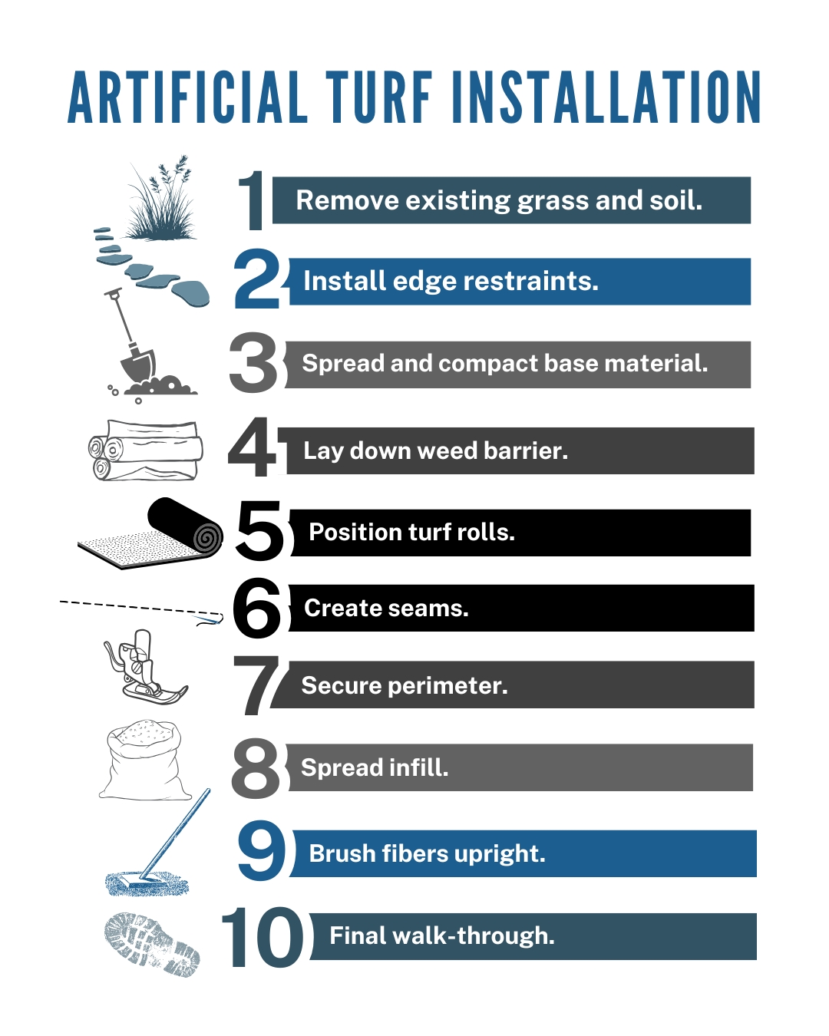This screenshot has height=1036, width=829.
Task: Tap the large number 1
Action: [252, 201]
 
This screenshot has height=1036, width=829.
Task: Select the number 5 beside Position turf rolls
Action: [259, 530]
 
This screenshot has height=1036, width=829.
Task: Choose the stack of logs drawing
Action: [146, 450]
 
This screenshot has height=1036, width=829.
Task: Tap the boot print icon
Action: [152, 943]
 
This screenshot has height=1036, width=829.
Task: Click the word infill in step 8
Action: [418, 767]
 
